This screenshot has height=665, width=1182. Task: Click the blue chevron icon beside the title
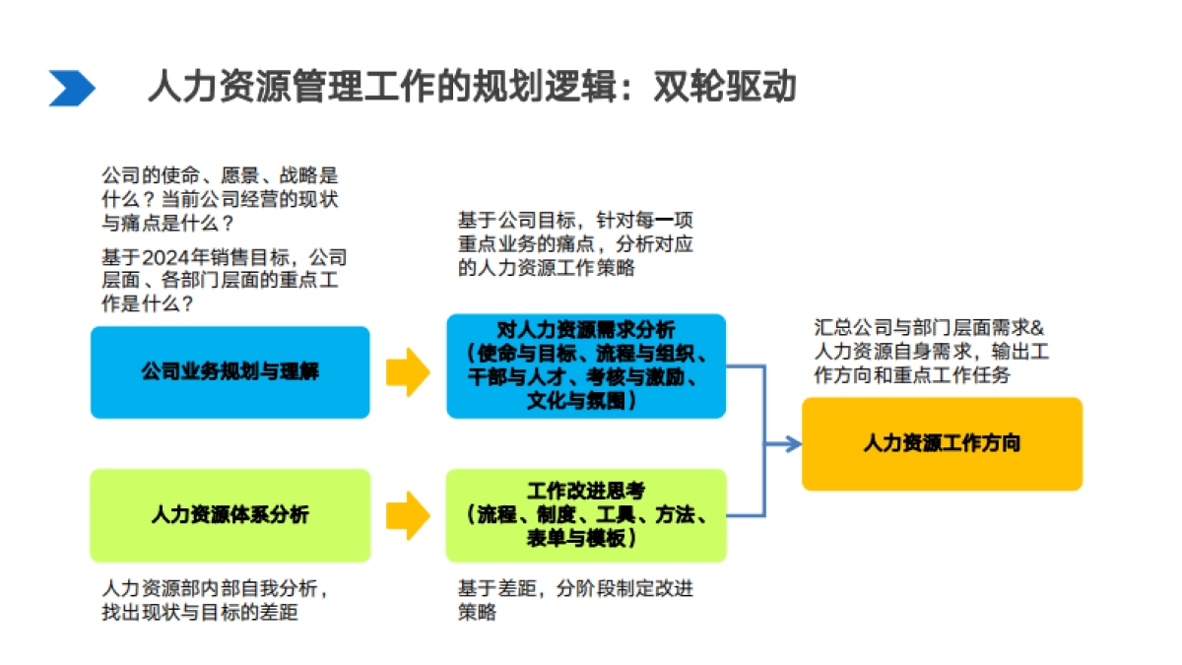(72, 89)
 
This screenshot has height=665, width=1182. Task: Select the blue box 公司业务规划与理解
(230, 372)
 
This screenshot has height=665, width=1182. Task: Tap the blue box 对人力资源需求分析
(586, 366)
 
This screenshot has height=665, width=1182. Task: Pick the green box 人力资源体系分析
(230, 514)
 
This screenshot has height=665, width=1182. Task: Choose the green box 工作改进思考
(586, 514)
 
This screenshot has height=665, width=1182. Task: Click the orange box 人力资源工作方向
(942, 443)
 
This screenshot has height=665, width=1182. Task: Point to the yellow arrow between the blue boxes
(407, 372)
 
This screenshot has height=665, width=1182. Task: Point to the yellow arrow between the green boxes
(407, 514)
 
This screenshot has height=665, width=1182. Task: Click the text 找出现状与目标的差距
(200, 613)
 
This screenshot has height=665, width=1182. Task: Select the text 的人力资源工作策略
(547, 267)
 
